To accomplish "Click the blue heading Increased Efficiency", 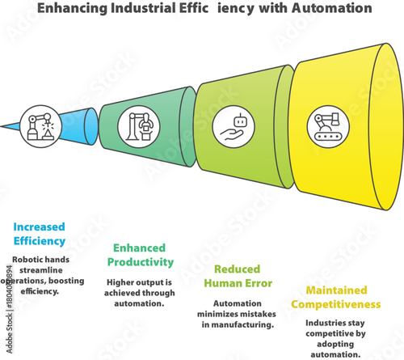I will (38, 234).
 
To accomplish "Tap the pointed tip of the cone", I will (3, 126).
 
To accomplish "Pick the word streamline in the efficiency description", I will (33, 270).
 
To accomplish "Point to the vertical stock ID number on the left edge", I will (5, 290).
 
